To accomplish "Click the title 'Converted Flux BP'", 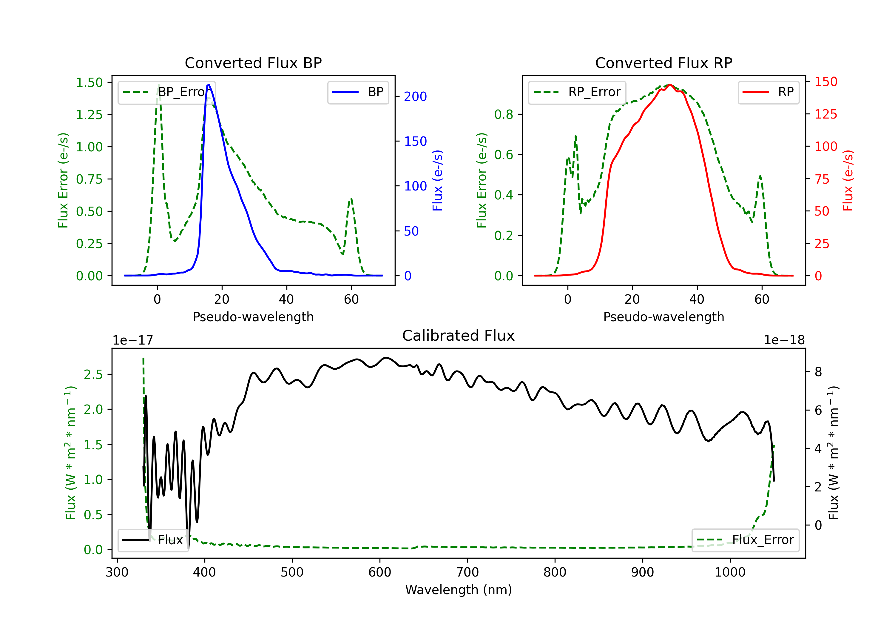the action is pos(253,63).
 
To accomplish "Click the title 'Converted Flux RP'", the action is pos(664,63).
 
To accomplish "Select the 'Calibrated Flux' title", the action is pos(459,336).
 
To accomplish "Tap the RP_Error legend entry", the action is pos(577,92).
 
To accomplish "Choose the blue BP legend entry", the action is pos(358,92).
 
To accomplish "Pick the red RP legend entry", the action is pos(768,92).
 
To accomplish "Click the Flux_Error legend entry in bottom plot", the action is pos(745,540).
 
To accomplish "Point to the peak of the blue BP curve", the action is pos(209,85).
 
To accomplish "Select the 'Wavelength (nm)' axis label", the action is pos(459,590).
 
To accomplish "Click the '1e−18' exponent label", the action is pos(784,340).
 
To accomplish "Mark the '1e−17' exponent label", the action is pos(133,340).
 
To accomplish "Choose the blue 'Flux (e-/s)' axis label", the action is pos(437,181).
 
